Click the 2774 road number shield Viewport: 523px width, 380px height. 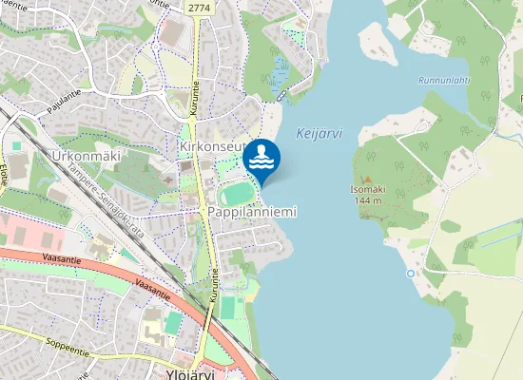click(x=199, y=8)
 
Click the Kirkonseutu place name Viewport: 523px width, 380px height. click(x=212, y=147)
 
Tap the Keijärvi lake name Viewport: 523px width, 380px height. click(x=319, y=134)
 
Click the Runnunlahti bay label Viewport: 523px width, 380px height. click(x=443, y=80)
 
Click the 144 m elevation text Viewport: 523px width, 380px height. click(x=367, y=200)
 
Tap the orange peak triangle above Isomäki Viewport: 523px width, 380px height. click(x=367, y=178)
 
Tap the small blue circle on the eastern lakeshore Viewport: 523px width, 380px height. click(x=411, y=274)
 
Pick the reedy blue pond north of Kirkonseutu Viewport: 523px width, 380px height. click(x=281, y=71)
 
